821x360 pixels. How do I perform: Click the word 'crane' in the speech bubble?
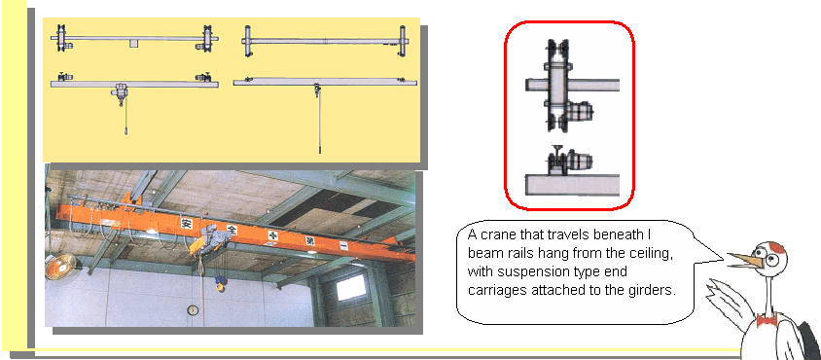pyautogui.click(x=502, y=234)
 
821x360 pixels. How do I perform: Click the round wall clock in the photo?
pyautogui.click(x=193, y=310)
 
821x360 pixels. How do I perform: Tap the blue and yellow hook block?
pyautogui.click(x=221, y=283)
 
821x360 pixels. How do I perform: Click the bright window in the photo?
pyautogui.click(x=351, y=288)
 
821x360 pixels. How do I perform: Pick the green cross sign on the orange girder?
pyautogui.click(x=272, y=234)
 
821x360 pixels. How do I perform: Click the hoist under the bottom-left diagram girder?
pyautogui.click(x=121, y=92)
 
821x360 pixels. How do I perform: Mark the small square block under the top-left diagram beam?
pyautogui.click(x=134, y=44)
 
